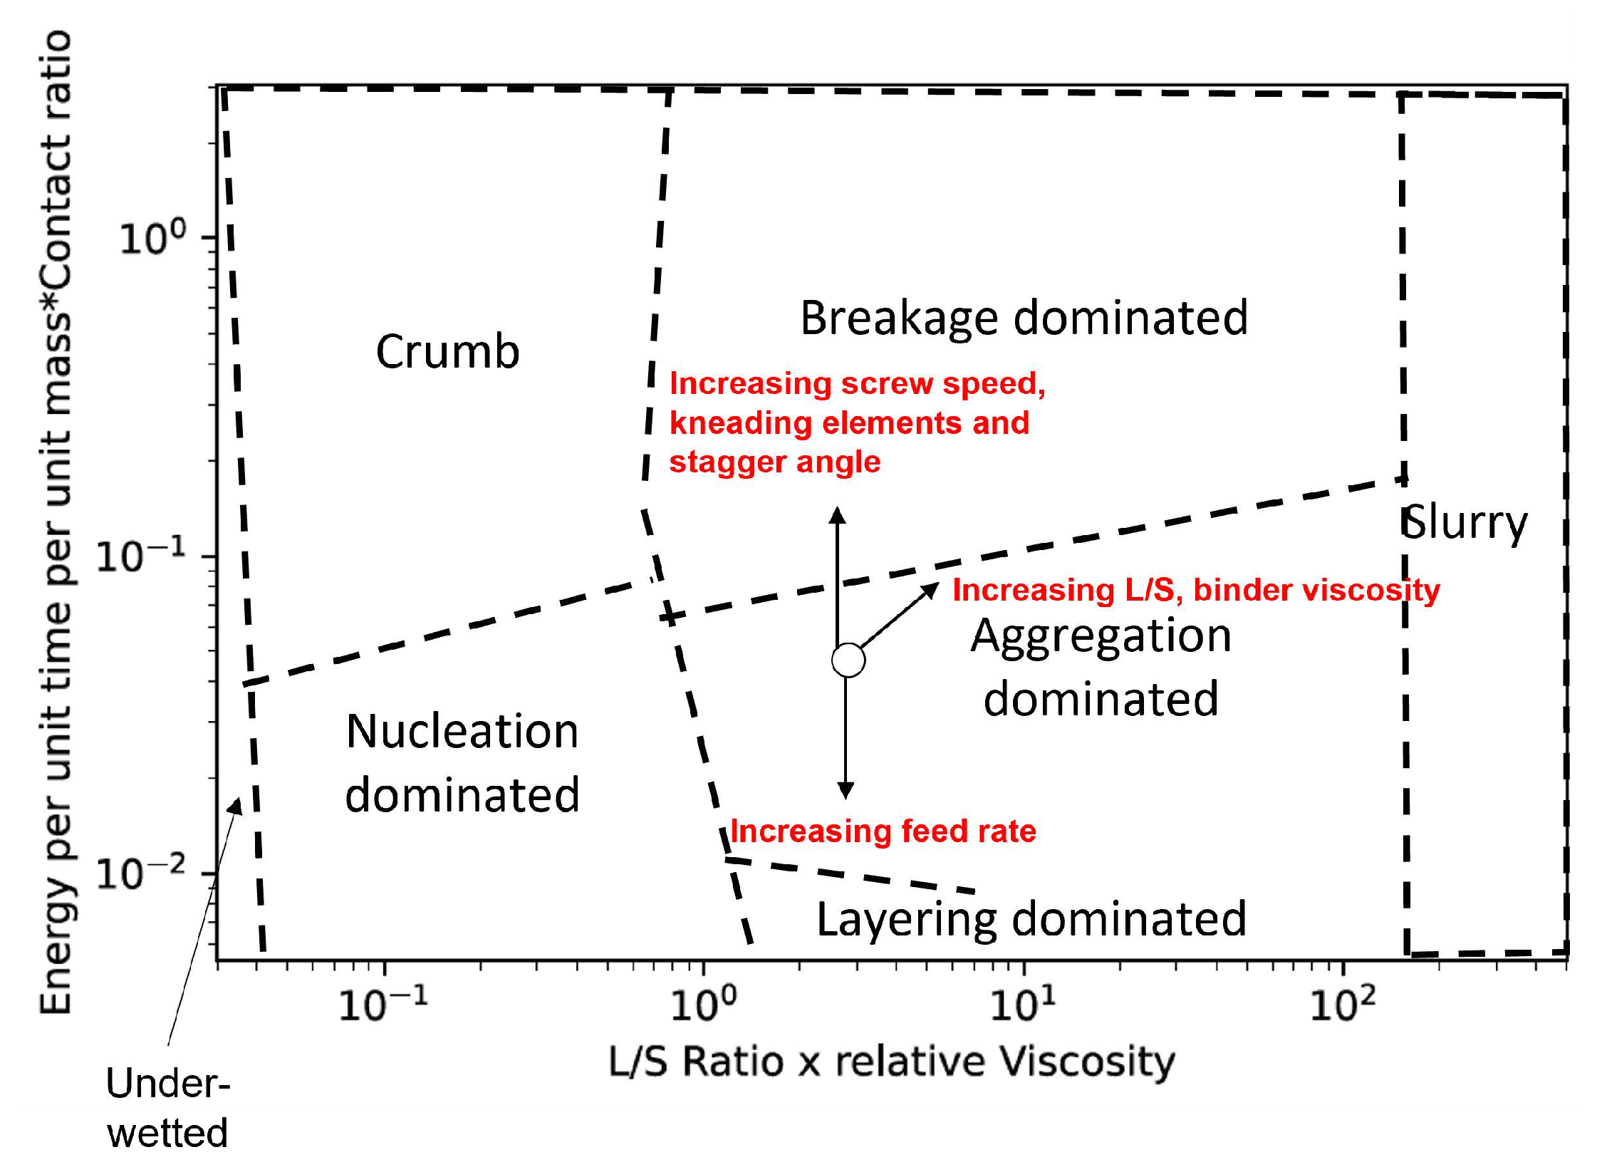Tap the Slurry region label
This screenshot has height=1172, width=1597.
tap(1465, 522)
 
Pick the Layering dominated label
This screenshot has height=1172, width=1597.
tap(1031, 918)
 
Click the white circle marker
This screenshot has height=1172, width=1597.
tap(848, 660)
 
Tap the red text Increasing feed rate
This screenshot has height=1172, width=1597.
tap(883, 831)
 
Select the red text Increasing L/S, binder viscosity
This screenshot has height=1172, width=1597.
tap(1196, 590)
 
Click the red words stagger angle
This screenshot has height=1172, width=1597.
tap(775, 462)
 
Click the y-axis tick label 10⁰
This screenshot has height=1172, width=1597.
tap(152, 238)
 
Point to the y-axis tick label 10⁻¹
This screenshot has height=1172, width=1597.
tap(141, 556)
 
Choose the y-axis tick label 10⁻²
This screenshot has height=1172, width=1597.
tap(141, 873)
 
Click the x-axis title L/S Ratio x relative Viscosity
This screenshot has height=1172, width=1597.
tap(891, 1062)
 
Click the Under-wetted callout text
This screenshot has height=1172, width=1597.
tap(167, 1108)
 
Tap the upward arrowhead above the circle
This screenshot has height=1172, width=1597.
tap(838, 514)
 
